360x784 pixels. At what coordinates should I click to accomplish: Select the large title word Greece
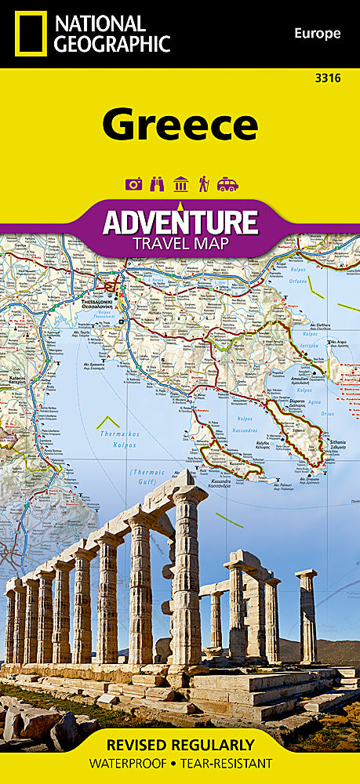tap(180, 125)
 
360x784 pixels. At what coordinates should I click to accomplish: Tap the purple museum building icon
tap(180, 185)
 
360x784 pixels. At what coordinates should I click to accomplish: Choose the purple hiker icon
tap(204, 185)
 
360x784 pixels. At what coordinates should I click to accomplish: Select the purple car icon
tap(227, 185)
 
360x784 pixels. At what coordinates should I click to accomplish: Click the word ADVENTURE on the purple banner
tap(180, 222)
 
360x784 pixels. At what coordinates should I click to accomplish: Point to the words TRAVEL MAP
tap(180, 244)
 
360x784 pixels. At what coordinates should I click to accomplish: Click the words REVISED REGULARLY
tap(180, 744)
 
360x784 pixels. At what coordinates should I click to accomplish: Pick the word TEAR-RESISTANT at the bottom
tap(227, 764)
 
